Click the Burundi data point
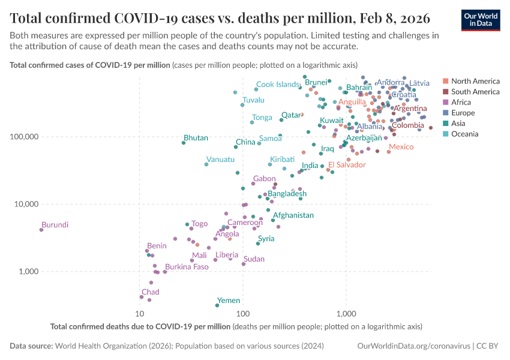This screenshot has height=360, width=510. point(41,230)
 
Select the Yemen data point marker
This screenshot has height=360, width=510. point(217,305)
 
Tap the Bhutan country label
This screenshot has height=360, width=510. point(196,138)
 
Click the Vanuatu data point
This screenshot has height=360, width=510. point(206,164)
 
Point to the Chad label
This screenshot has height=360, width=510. point(150,292)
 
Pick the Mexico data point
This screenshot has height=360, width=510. point(389,152)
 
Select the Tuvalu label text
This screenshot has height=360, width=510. point(253,100)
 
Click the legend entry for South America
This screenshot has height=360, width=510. point(475,92)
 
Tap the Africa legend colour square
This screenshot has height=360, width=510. point(446,103)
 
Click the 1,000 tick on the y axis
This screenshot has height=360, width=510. point(27,271)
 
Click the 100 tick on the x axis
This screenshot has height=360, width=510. point(242,314)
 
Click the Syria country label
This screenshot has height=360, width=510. point(266,238)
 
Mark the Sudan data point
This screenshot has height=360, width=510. point(243,264)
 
